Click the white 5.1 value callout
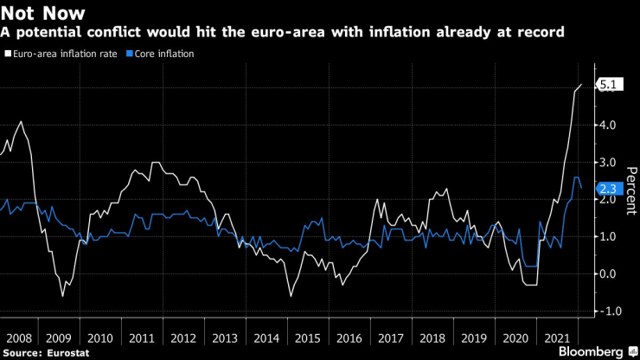[607, 85]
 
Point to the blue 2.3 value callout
[607, 187]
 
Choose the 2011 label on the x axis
[143, 337]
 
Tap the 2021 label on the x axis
[558, 337]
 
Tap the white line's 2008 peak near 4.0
[21, 122]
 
